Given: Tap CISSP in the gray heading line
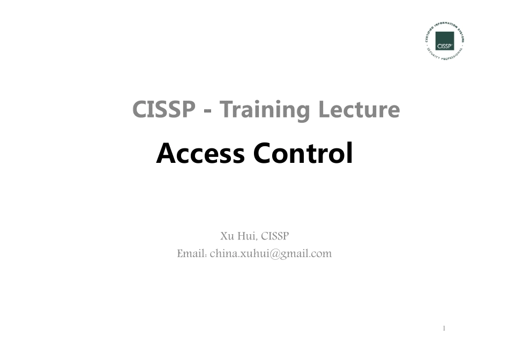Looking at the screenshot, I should (x=163, y=110).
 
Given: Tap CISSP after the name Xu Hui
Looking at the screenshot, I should (x=275, y=236).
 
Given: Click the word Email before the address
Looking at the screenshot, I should (x=191, y=253).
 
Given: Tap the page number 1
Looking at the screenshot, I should (x=444, y=328).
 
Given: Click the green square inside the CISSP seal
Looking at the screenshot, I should (x=445, y=41).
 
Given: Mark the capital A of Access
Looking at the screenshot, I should (x=167, y=154).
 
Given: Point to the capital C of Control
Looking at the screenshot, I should (x=264, y=154).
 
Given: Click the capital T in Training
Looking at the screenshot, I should (x=227, y=110).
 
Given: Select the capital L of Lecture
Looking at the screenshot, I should (x=325, y=110).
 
